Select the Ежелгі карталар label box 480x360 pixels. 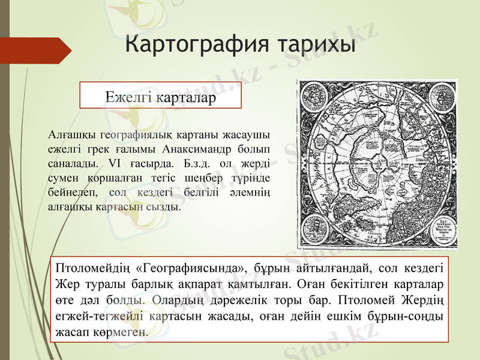tap(160, 95)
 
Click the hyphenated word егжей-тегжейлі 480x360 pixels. tap(100, 315)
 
